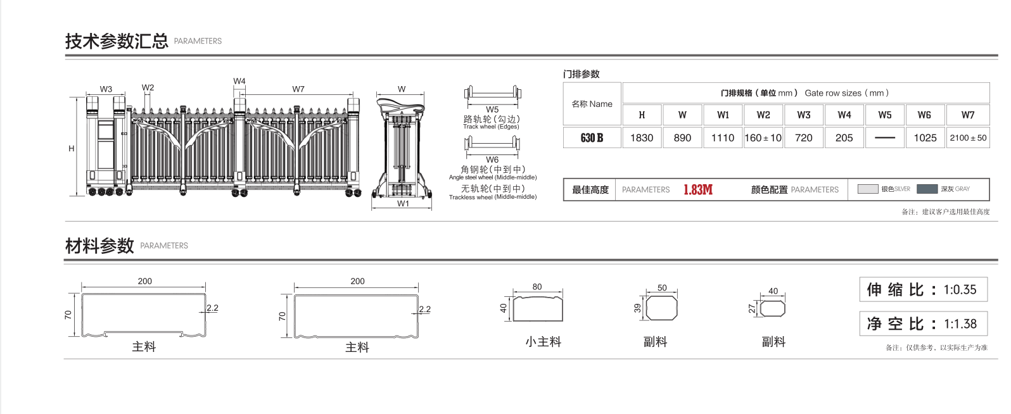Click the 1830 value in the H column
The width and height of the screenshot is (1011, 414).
coord(642,138)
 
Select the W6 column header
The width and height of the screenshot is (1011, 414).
coord(924,115)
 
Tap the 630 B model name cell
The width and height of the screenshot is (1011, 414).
coord(592,138)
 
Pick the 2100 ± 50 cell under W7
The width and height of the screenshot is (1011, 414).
coord(968,138)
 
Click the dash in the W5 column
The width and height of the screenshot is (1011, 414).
coord(884,138)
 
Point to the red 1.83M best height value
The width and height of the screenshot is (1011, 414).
coord(698,190)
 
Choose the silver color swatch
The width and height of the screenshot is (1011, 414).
coord(867,189)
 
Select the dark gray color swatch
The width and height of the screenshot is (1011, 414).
coord(927,189)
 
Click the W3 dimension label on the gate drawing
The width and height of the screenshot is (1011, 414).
coord(106,89)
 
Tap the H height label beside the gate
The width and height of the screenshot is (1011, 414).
coord(72,149)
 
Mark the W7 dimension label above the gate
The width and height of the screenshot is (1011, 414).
coord(298,89)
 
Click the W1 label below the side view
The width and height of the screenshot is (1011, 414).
coord(403,204)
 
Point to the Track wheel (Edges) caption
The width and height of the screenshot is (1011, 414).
coord(491,127)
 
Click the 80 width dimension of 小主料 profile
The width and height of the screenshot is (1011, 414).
coord(537,287)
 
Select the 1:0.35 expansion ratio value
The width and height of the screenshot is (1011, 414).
coord(960,290)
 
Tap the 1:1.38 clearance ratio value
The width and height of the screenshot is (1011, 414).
coord(960,324)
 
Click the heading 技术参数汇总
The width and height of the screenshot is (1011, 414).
coord(117,41)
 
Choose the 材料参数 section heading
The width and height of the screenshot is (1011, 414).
coord(99,246)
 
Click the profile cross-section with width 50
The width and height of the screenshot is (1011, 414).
coord(662,308)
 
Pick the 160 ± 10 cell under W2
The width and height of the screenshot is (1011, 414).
coord(763,138)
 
